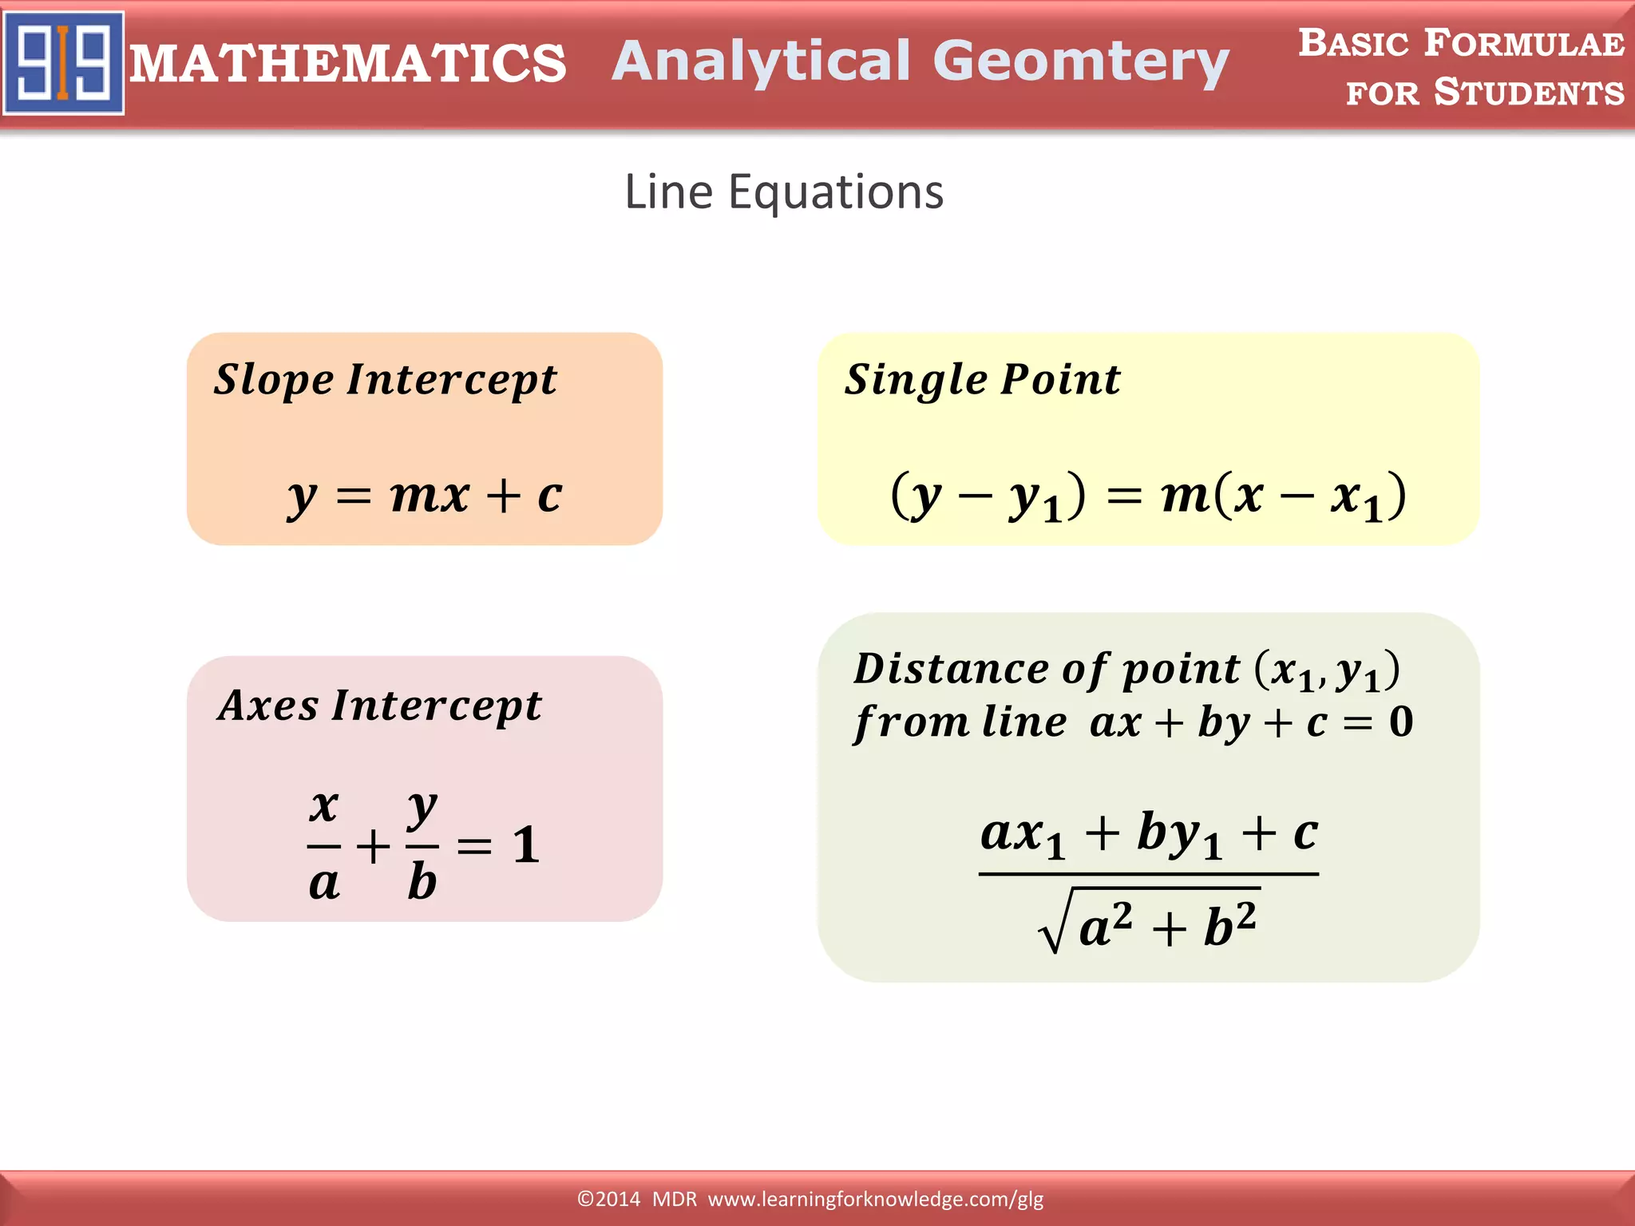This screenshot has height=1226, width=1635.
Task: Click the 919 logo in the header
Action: click(x=64, y=62)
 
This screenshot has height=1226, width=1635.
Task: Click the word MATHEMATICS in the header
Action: click(x=348, y=64)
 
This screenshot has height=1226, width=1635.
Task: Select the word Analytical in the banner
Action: click(x=761, y=62)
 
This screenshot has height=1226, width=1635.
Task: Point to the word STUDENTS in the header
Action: click(x=1529, y=93)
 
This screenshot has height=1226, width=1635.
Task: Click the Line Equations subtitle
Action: click(x=784, y=192)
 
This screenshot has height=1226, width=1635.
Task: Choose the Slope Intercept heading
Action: click(x=385, y=380)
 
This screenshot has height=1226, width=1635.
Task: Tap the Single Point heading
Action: click(x=982, y=380)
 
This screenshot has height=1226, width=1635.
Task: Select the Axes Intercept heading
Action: click(x=380, y=706)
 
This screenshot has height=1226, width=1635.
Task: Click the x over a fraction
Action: click(x=324, y=844)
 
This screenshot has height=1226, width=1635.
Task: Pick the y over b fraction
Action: click(x=422, y=844)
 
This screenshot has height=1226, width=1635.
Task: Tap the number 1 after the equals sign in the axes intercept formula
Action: click(x=526, y=844)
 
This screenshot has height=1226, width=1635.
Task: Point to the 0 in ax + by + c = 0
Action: click(x=1401, y=722)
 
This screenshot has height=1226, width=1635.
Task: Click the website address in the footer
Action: click(x=876, y=1199)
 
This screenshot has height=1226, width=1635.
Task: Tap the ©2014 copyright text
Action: click(x=608, y=1199)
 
